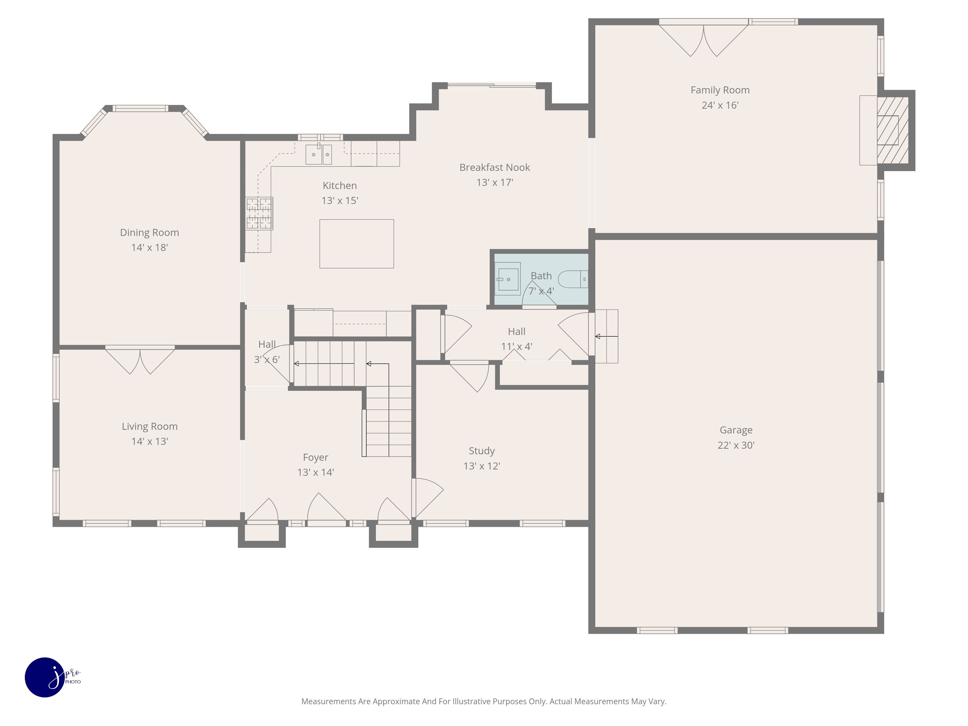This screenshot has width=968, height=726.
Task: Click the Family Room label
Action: (x=720, y=90)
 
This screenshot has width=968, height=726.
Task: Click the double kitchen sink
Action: (x=318, y=154)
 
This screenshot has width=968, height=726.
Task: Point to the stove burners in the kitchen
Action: (x=259, y=213)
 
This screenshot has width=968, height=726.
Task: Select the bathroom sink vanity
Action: (x=508, y=279)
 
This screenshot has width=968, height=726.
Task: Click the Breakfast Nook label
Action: (x=494, y=168)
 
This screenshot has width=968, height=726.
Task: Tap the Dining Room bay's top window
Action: (x=140, y=108)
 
